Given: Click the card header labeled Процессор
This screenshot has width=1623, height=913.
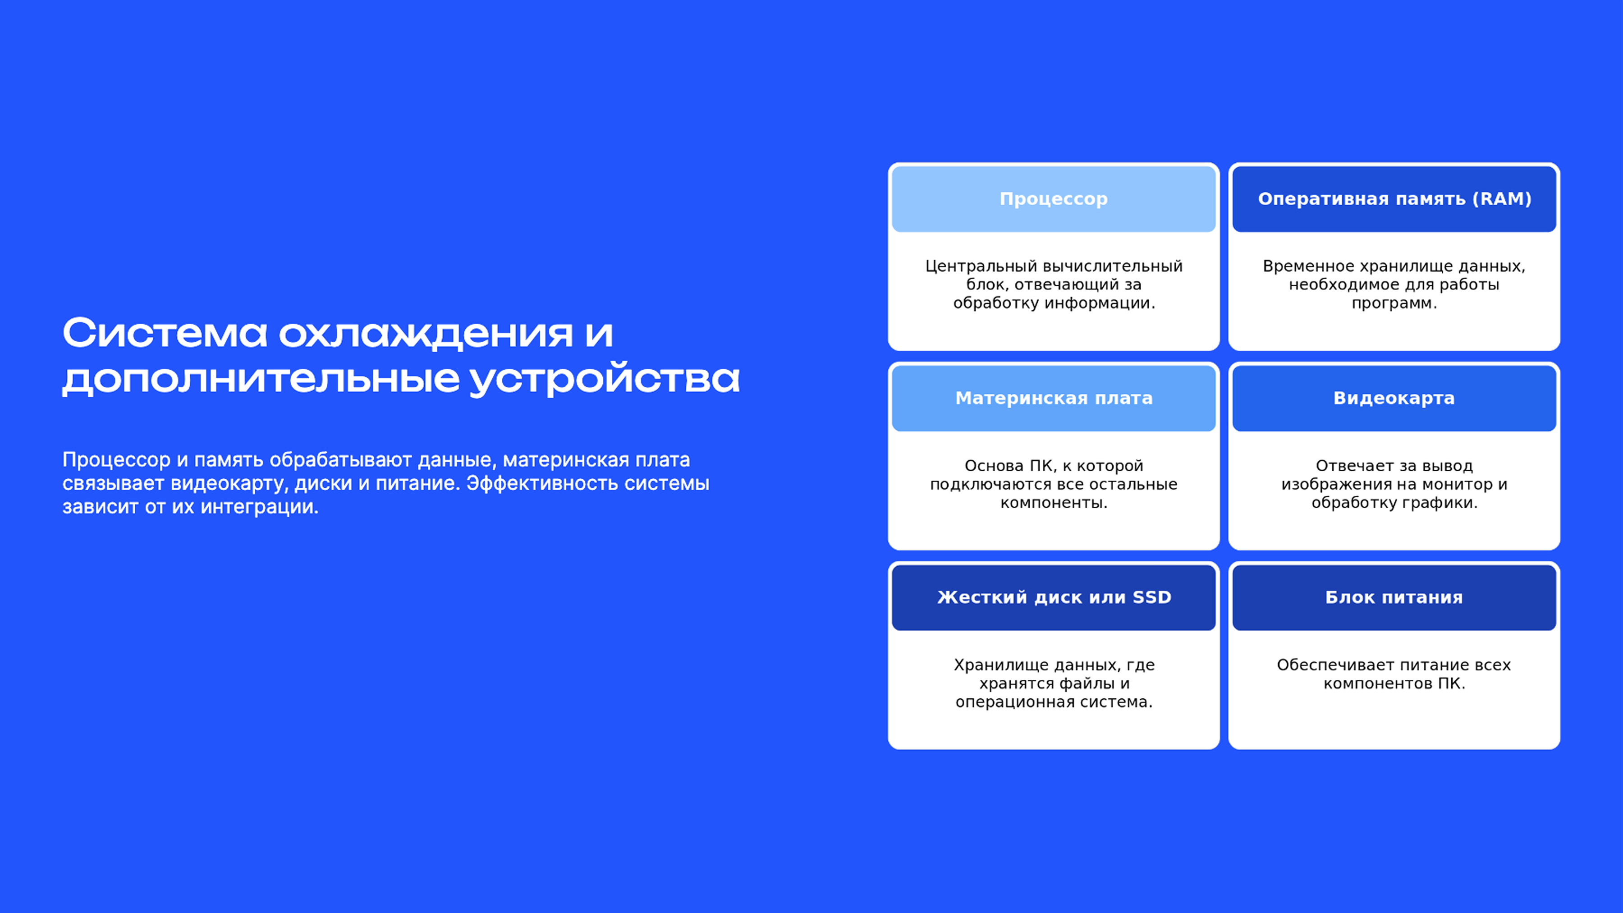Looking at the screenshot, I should tap(1054, 199).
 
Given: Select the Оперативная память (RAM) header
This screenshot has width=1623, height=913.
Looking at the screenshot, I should tap(1394, 199).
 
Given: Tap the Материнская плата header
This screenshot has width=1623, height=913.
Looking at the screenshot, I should tap(1054, 398).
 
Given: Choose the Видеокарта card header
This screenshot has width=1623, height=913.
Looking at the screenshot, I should tap(1394, 398).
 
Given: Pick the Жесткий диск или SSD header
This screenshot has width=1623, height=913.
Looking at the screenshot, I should tap(1054, 597).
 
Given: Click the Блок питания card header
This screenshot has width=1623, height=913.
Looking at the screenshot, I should tap(1394, 597).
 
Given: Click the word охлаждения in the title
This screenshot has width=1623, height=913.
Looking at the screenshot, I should tap(426, 334).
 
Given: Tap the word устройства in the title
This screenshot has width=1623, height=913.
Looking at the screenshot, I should tap(605, 379).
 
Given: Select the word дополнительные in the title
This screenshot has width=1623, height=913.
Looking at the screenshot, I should tap(261, 379).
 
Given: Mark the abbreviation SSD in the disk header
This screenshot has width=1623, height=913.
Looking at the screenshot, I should tap(1152, 597).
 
